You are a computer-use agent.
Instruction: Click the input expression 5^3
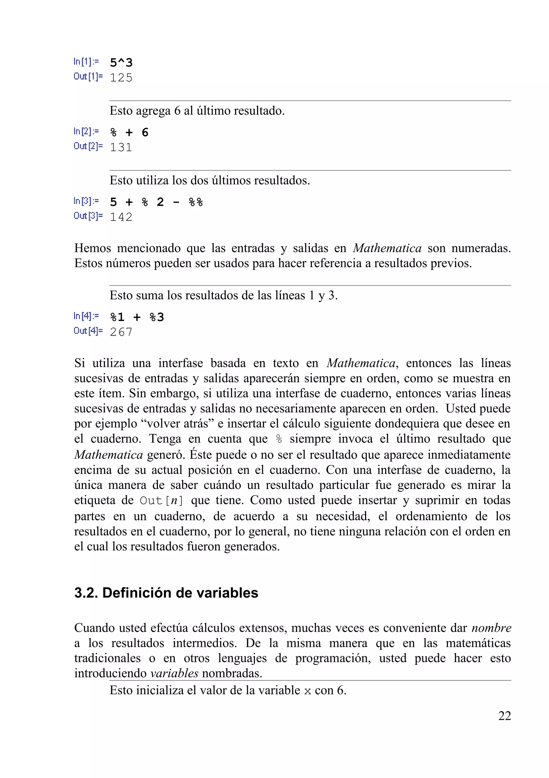click(x=121, y=63)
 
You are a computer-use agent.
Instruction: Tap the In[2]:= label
click(x=86, y=131)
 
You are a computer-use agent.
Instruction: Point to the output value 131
click(x=121, y=148)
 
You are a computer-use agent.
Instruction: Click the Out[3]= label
click(x=88, y=216)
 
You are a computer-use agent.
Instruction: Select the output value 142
click(x=121, y=217)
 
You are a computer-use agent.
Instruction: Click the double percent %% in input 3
click(x=195, y=202)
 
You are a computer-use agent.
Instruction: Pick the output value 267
click(x=121, y=332)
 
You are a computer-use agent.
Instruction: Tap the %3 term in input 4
click(x=157, y=317)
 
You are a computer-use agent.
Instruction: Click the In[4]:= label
click(x=86, y=316)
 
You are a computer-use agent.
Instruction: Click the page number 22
click(x=504, y=716)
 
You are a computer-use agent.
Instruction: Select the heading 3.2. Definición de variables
click(x=166, y=593)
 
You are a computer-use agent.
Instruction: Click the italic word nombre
click(x=491, y=628)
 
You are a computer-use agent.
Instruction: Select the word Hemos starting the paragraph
click(x=92, y=248)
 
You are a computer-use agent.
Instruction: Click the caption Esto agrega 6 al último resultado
click(x=197, y=111)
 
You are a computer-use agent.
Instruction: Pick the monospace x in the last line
click(x=307, y=691)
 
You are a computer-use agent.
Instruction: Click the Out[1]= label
click(x=88, y=77)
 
